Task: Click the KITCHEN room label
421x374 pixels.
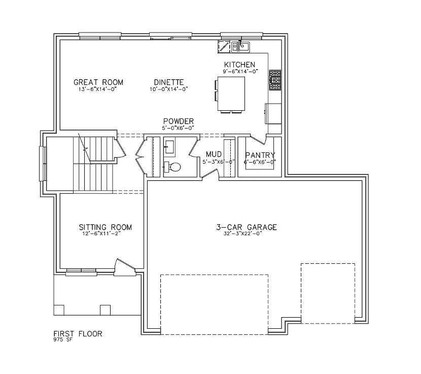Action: [239, 65]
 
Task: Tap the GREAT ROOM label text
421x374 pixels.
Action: [98, 82]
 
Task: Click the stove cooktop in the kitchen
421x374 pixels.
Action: [274, 80]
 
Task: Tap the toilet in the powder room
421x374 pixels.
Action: [172, 167]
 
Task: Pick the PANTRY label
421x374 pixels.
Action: [260, 155]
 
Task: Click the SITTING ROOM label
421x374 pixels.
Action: [105, 227]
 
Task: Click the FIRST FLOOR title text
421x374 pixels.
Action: [78, 334]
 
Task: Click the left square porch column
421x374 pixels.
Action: [59, 309]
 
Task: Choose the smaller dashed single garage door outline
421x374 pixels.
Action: [327, 293]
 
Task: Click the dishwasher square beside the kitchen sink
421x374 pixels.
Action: [224, 47]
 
